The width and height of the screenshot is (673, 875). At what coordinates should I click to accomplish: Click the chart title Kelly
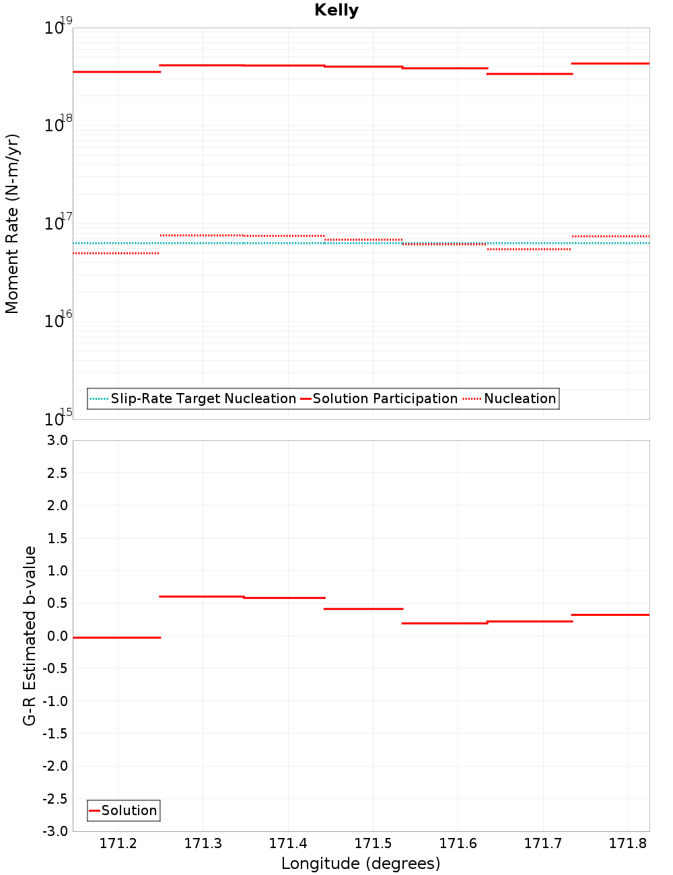coord(336,10)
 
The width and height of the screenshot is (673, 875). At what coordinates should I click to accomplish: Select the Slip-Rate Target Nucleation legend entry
coord(203,398)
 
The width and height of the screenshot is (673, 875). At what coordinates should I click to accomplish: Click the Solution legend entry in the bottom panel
coord(129,810)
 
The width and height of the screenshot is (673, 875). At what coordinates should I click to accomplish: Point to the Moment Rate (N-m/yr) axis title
coord(12,223)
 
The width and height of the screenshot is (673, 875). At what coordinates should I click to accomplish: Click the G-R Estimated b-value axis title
coord(30,635)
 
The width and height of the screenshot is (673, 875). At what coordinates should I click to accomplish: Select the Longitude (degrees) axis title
coord(361,864)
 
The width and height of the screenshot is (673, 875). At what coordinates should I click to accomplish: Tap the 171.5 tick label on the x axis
coord(373,843)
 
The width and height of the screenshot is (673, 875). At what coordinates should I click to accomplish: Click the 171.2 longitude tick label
coord(118,843)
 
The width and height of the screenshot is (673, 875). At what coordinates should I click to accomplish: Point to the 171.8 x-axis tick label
coord(627,843)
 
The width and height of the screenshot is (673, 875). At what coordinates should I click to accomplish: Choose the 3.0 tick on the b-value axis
coord(56,440)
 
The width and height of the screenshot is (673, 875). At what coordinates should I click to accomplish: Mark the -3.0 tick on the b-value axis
coord(55,831)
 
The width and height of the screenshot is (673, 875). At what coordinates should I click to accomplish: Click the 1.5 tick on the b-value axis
coord(56,538)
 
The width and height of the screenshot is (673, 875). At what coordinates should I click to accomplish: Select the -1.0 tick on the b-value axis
coord(55,701)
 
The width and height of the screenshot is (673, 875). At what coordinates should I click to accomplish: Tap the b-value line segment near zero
coord(116,637)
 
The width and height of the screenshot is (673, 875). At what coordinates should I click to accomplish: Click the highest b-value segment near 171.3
coord(202,596)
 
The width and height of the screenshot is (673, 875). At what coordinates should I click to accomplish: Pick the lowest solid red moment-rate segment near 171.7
coord(530,73)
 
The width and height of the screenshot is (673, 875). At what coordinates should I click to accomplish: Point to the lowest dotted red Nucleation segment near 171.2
coord(116,253)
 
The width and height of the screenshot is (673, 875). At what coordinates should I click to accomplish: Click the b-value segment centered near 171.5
coord(363,608)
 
